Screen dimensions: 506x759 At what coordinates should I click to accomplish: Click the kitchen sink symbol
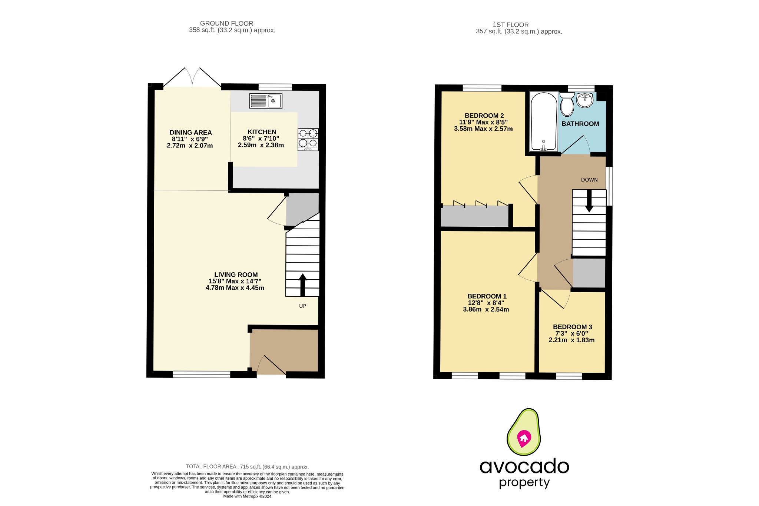coord(266,101)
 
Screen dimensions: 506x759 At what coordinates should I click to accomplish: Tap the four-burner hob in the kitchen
coord(308,139)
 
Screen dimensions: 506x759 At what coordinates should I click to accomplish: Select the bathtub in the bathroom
coord(544,121)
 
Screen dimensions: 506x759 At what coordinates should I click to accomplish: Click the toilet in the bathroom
coord(567,104)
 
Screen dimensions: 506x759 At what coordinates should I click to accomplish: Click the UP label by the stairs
coord(303,306)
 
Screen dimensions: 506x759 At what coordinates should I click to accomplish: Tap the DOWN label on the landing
coord(589,180)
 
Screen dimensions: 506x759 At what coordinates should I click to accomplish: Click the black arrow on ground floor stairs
coord(303,284)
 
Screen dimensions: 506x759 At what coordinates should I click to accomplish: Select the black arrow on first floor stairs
coord(589,204)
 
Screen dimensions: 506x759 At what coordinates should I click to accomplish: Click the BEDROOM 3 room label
coord(572,327)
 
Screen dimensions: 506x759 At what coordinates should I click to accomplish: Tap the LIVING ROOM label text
coord(236,275)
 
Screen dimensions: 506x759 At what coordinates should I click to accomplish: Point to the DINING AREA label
coord(190,133)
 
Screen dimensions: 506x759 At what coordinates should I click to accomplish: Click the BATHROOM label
coord(580,124)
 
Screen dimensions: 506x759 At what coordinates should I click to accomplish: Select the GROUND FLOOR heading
coord(226,23)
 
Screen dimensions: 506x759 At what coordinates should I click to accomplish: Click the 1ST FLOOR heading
coord(510,25)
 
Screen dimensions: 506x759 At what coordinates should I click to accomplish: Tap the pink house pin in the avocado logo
coord(524,438)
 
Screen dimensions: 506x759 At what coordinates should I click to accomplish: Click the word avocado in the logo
coord(524,466)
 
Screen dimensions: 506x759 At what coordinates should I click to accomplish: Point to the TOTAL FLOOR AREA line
coord(247,467)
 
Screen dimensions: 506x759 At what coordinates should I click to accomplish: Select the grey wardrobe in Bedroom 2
coord(474,216)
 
